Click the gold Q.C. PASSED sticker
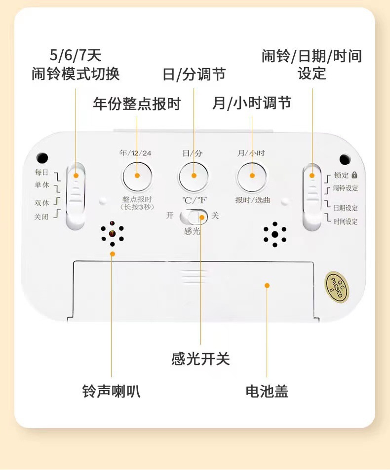point(337,288)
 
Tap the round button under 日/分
point(194,176)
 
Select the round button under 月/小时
point(252,176)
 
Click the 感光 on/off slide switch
point(194,217)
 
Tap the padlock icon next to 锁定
point(354,175)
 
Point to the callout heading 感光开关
point(200,359)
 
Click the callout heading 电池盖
point(267,392)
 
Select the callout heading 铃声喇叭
point(111,392)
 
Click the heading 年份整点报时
point(137,104)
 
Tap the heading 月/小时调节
point(252,103)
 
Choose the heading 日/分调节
point(194,74)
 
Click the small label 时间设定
point(346,221)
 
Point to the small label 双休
point(41,203)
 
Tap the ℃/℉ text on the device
point(195,200)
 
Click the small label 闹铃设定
point(346,188)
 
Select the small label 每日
point(41,172)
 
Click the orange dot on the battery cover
point(267,286)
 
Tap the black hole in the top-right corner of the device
point(345,159)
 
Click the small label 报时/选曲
point(252,200)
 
